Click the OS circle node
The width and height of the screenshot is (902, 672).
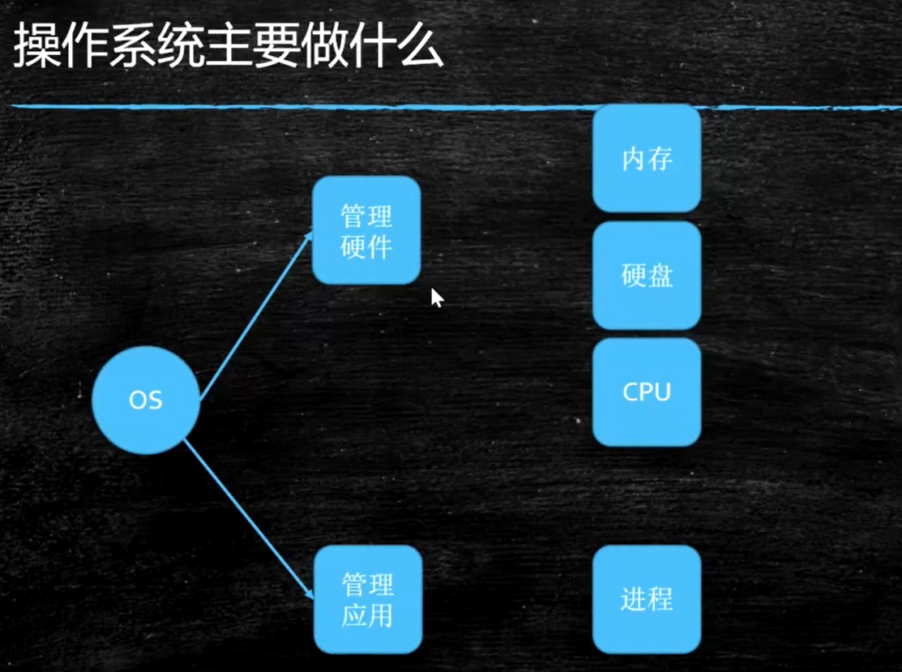point(146,400)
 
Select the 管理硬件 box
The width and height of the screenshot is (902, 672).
point(366,231)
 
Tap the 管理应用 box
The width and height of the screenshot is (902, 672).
point(368,599)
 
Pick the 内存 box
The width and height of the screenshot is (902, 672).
point(647,159)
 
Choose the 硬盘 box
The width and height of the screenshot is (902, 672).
point(647,276)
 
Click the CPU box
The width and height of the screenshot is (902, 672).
point(647,392)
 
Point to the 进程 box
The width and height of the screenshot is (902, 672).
point(647,599)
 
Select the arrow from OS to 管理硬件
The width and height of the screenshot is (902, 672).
point(255,316)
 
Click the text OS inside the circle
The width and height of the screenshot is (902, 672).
point(146,400)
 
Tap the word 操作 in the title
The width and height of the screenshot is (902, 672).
point(66,49)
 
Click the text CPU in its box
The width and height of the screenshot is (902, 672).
point(647,392)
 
